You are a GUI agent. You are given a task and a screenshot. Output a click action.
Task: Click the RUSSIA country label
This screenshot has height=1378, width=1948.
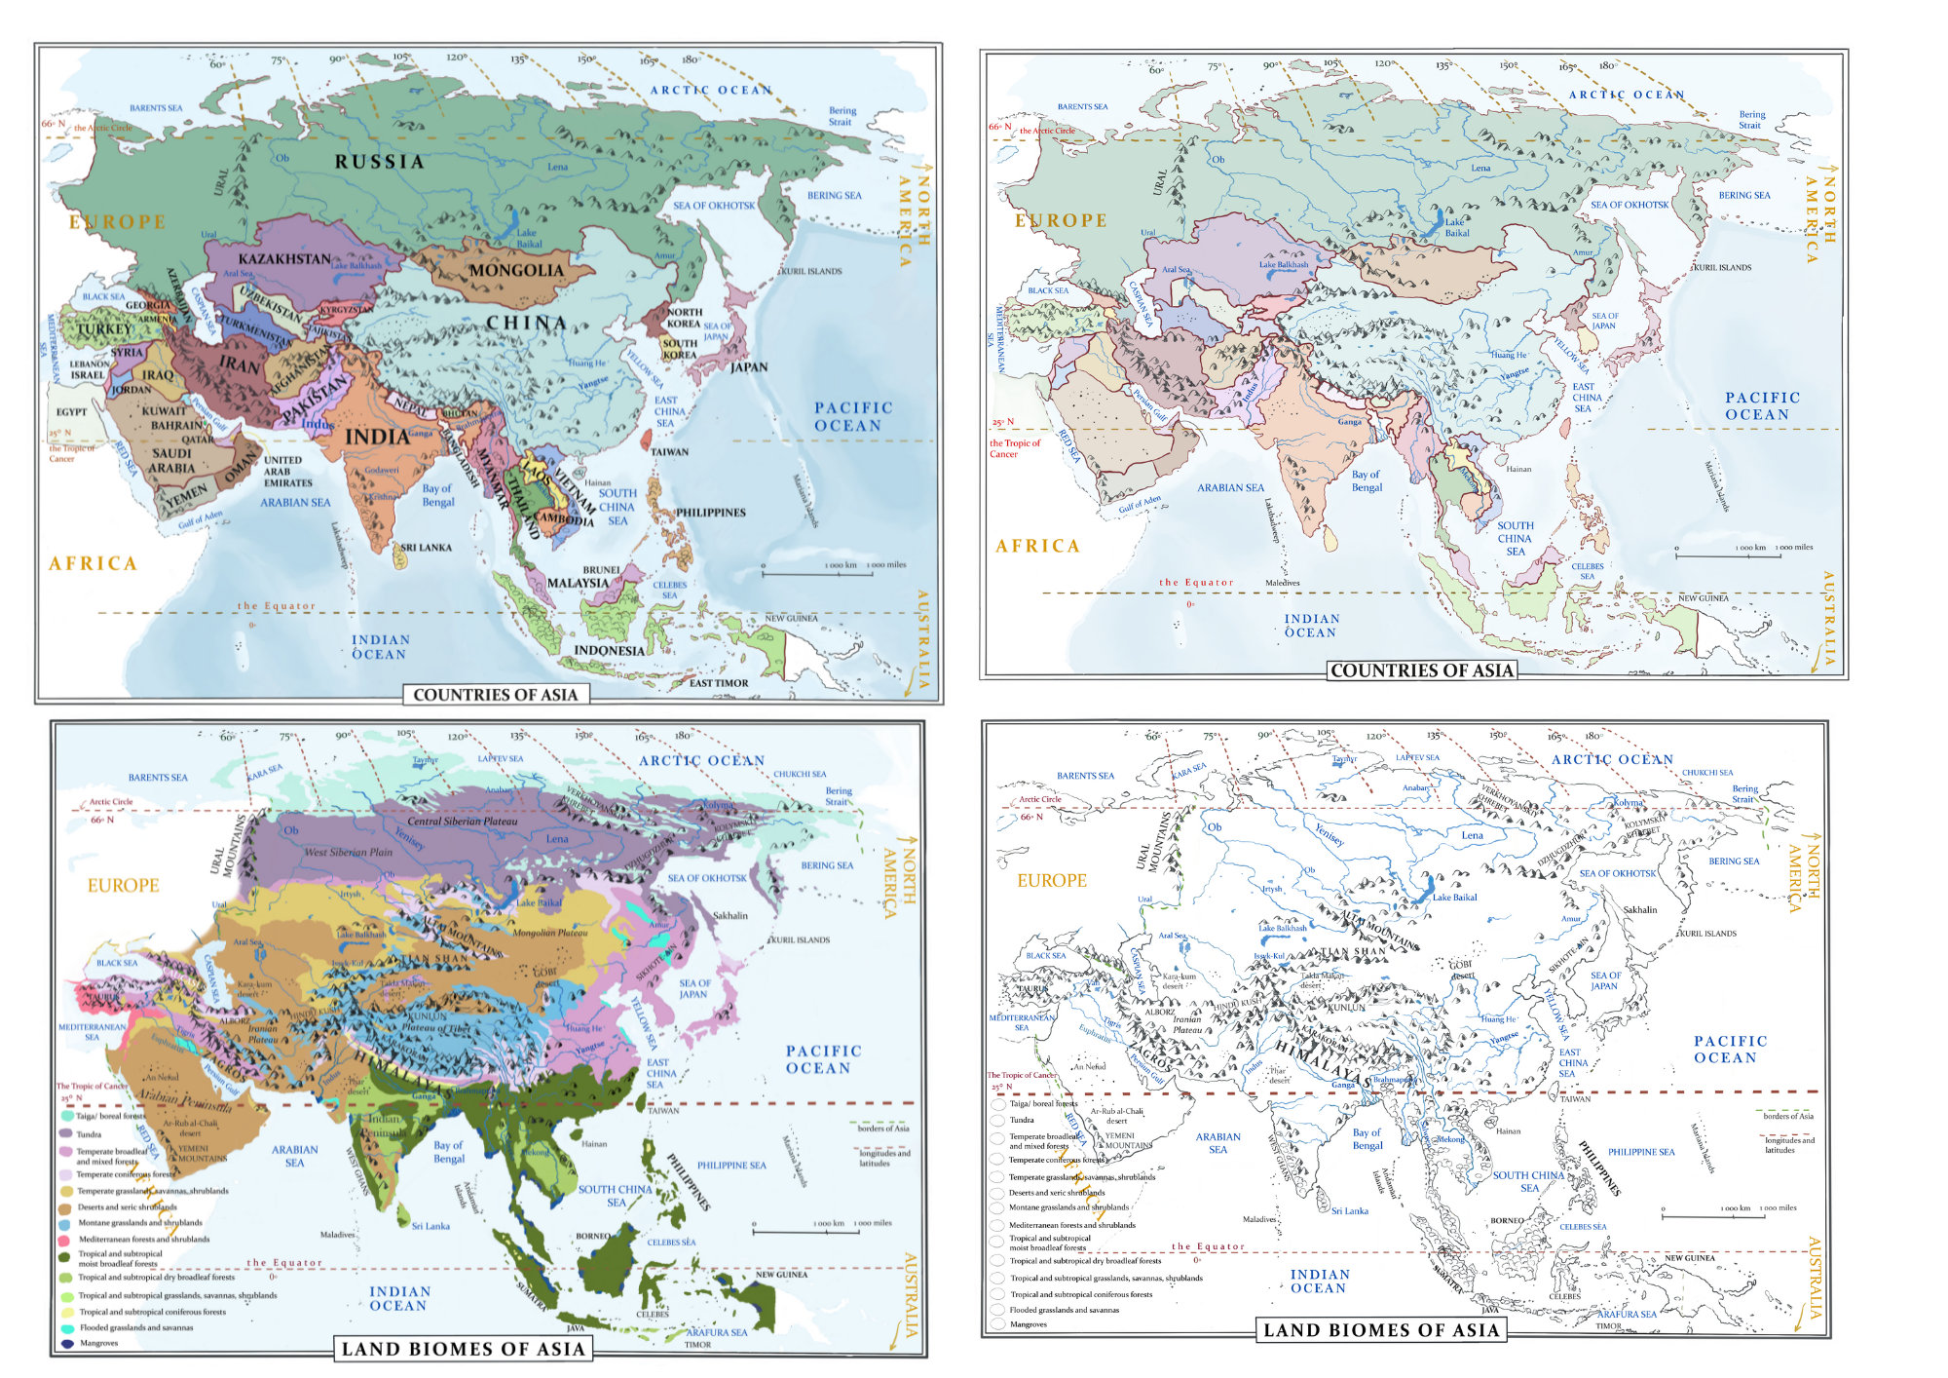click(379, 162)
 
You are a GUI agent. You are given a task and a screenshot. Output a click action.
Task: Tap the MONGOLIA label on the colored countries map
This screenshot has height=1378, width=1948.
click(516, 270)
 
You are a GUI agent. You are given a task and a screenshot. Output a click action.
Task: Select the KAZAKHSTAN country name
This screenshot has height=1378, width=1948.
click(284, 258)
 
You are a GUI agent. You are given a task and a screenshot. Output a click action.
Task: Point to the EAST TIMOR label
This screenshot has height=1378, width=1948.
click(718, 683)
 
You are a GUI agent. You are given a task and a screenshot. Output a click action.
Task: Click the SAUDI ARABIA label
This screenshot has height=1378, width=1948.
click(172, 460)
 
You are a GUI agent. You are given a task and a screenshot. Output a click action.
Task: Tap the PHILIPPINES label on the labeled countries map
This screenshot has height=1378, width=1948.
click(710, 513)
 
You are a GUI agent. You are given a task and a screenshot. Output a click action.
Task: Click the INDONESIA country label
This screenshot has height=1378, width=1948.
click(609, 650)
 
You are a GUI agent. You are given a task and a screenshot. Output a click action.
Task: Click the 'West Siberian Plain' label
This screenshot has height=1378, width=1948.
click(348, 852)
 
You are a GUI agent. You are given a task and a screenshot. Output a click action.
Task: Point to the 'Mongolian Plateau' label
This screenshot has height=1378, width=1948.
click(549, 933)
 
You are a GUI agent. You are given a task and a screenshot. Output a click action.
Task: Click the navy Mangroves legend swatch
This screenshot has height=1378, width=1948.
click(67, 1343)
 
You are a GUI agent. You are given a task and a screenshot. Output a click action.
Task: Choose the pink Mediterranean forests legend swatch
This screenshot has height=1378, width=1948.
click(65, 1240)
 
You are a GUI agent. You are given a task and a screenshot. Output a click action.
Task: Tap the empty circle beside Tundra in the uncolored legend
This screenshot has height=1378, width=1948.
click(998, 1121)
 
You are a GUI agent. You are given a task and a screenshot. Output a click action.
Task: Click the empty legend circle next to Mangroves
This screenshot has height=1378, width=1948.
click(998, 1324)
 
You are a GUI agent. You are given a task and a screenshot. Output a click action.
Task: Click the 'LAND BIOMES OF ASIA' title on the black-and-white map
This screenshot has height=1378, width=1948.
click(1380, 1330)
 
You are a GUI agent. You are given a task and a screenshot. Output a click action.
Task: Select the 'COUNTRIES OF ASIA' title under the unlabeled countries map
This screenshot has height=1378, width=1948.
click(1421, 670)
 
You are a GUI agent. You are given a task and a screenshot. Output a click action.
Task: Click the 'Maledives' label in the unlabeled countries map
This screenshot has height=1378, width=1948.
click(1282, 583)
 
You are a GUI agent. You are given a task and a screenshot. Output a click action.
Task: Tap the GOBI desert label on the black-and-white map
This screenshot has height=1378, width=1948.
click(1461, 970)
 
